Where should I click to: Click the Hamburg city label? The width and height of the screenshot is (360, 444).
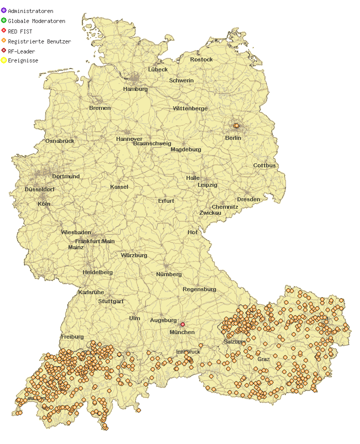(x=135, y=89)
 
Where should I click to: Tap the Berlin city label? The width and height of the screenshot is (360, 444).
(x=233, y=138)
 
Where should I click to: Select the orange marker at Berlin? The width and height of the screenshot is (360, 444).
(x=236, y=126)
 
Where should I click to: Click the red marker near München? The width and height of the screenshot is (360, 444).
(x=182, y=325)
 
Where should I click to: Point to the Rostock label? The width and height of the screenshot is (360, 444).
(x=201, y=59)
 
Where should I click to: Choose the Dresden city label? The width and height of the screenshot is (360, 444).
(x=248, y=199)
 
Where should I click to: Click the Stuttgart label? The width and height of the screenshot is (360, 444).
(x=111, y=301)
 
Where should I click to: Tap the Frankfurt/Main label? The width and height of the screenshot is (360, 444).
(x=95, y=241)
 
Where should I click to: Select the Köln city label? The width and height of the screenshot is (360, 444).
(x=44, y=204)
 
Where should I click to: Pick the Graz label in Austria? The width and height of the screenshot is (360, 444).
(x=263, y=359)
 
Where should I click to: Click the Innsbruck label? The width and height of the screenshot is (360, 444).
(x=188, y=352)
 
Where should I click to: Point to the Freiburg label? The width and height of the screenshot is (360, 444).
(x=72, y=337)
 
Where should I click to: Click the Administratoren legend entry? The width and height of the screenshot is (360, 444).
(x=30, y=11)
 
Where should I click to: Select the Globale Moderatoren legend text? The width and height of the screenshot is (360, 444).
(x=36, y=21)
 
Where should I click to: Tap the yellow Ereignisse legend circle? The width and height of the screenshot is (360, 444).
(x=3, y=60)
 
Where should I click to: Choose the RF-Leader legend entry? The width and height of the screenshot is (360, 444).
(x=21, y=51)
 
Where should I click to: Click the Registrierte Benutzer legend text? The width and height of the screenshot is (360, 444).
(x=39, y=41)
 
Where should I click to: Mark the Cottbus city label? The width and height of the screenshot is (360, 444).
(x=264, y=165)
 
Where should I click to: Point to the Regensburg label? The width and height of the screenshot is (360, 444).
(x=199, y=289)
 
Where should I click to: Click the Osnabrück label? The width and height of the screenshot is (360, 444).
(x=60, y=141)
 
